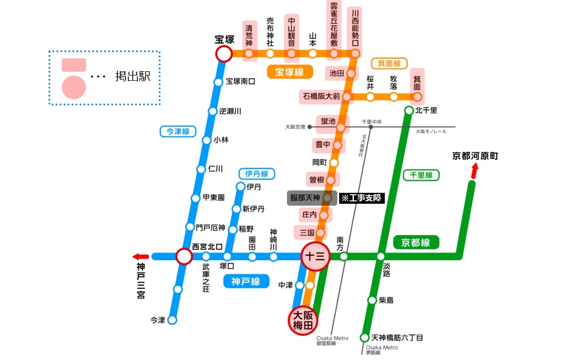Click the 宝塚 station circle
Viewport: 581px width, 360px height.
[224, 54]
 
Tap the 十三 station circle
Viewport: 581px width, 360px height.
[315, 257]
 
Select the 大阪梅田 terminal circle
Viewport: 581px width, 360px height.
[303, 321]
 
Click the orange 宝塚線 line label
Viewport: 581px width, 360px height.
[289, 72]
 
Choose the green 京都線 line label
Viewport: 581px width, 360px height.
[416, 243]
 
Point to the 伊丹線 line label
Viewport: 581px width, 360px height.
[257, 174]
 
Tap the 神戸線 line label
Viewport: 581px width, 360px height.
[246, 282]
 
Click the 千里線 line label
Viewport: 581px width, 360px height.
[421, 175]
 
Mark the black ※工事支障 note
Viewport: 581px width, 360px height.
[362, 198]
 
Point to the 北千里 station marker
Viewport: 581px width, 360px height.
[409, 111]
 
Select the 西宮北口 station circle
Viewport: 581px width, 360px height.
[184, 257]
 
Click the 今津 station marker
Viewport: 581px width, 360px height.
[172, 320]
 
